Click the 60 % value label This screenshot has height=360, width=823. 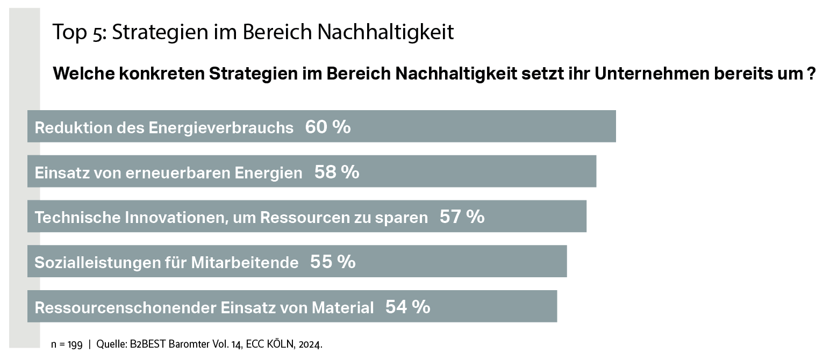click(327, 127)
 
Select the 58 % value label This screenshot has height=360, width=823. click(337, 172)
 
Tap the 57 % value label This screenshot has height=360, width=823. click(462, 217)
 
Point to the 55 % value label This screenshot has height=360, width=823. click(332, 262)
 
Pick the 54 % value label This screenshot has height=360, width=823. click(407, 307)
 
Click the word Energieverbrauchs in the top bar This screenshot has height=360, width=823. click(221, 128)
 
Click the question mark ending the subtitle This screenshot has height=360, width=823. click(812, 74)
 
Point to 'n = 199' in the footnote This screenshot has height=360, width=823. click(67, 345)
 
